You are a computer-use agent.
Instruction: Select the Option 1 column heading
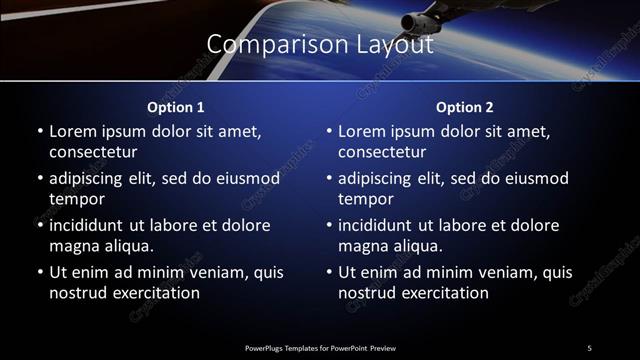pyautogui.click(x=176, y=107)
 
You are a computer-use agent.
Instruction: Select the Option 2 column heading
pyautogui.click(x=465, y=107)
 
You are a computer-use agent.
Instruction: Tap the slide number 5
pyautogui.click(x=589, y=347)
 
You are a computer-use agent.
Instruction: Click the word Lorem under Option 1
pyautogui.click(x=74, y=131)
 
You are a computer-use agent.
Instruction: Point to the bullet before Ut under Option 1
pyautogui.click(x=39, y=272)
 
